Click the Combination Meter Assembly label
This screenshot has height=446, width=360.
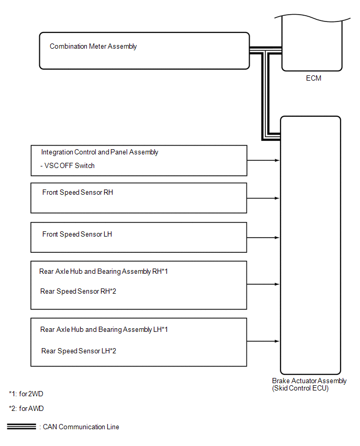(93, 47)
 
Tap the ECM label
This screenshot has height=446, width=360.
(313, 79)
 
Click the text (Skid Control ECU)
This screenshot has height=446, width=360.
(300, 388)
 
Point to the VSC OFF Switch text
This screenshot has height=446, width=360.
(68, 166)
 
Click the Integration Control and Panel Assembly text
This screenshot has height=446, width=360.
(100, 152)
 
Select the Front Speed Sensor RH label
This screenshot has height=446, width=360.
(77, 193)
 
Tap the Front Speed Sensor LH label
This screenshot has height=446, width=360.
(77, 235)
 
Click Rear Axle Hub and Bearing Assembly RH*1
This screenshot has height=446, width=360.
(103, 272)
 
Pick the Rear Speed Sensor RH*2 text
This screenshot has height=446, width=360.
(78, 291)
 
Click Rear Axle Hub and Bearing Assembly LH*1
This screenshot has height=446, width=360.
(104, 330)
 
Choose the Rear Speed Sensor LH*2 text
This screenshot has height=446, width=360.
(78, 351)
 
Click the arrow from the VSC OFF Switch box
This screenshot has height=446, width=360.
(264, 160)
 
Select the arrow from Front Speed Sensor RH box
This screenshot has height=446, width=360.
(264, 198)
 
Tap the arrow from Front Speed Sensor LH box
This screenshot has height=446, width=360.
(264, 238)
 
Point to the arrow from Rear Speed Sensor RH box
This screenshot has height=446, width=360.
(264, 284)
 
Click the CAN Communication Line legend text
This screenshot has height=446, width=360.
(79, 427)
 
